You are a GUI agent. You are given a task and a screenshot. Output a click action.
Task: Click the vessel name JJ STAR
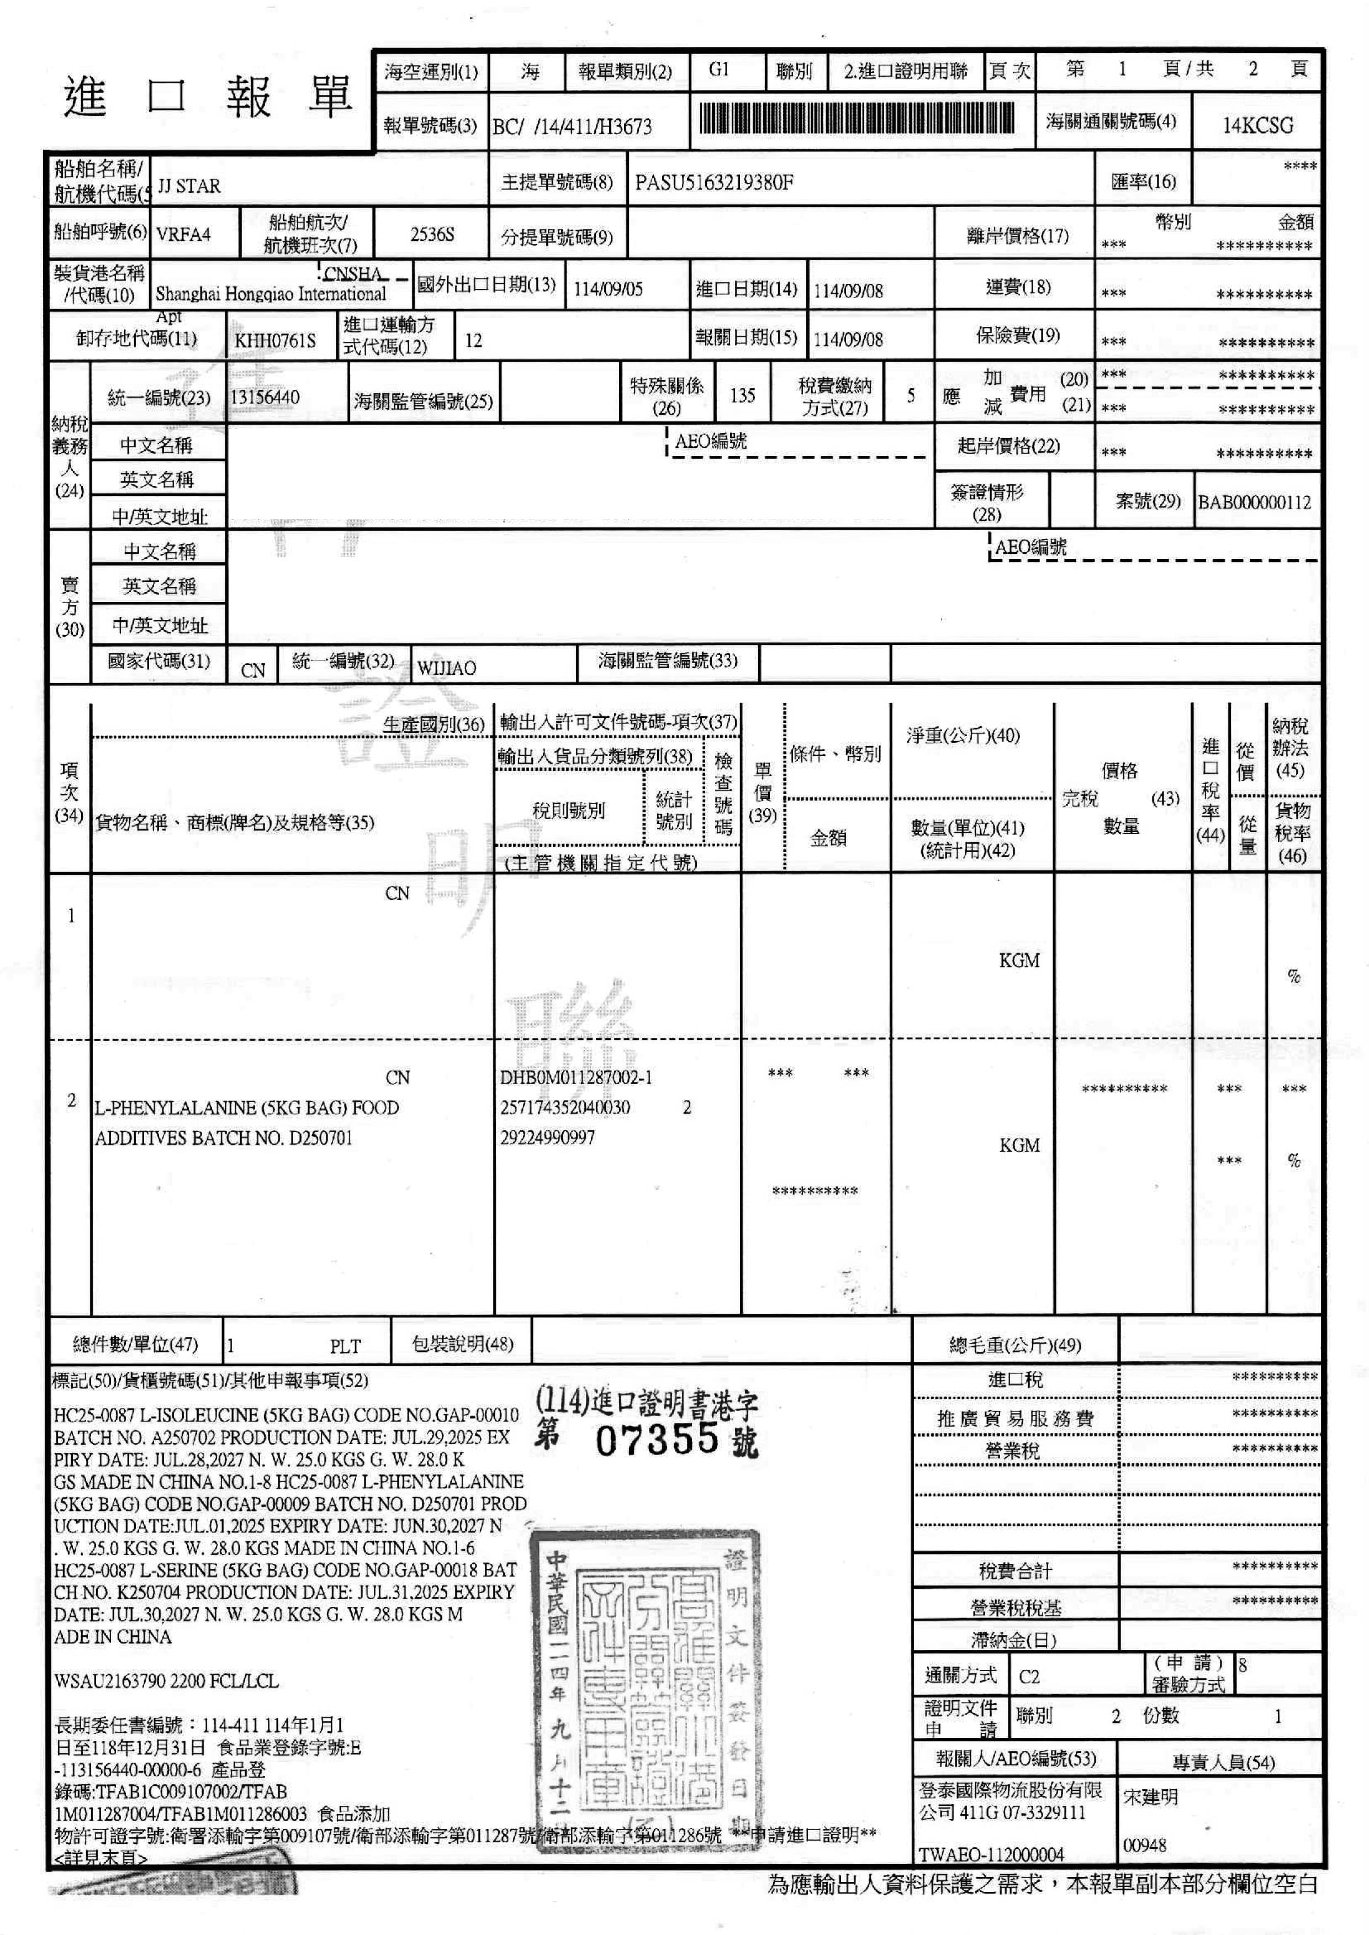(x=189, y=186)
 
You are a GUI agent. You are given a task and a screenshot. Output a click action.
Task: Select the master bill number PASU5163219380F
(x=713, y=183)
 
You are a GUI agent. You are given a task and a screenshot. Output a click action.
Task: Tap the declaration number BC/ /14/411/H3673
(x=572, y=127)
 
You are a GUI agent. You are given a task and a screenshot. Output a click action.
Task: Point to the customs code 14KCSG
(x=1257, y=125)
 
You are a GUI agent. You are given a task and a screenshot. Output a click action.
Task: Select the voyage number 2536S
(x=432, y=234)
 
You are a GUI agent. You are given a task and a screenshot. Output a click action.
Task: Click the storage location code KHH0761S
(x=275, y=341)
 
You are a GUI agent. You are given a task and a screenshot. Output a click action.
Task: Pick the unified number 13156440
(x=265, y=397)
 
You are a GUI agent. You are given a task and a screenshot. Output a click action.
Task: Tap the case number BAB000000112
(x=1254, y=503)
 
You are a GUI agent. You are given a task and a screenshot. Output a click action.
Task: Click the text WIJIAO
(x=446, y=668)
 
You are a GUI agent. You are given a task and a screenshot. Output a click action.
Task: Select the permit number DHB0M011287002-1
(x=576, y=1077)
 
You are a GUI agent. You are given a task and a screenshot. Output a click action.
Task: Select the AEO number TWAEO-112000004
(x=991, y=1854)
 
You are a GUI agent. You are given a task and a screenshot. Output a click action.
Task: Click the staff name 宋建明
(x=1151, y=1797)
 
